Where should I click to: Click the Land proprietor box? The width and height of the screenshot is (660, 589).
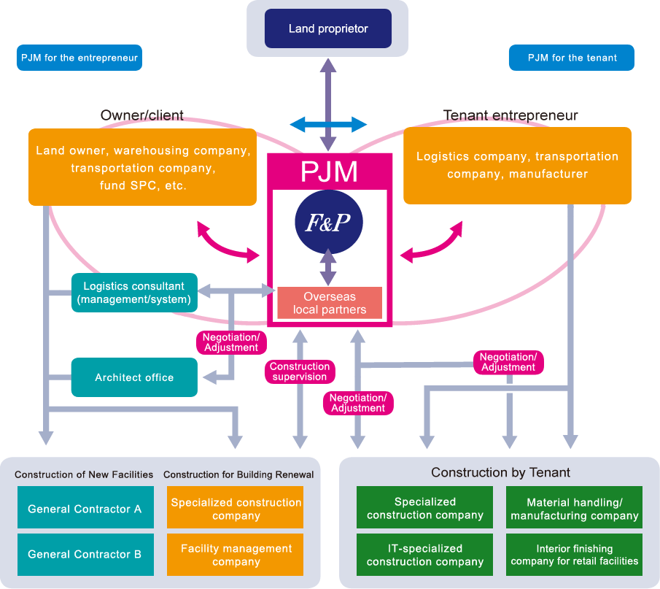[x=328, y=28]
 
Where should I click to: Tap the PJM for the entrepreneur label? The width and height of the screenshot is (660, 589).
[x=79, y=58]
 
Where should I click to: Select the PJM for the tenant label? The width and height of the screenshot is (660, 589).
[x=572, y=58]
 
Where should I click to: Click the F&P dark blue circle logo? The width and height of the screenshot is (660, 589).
[x=328, y=221]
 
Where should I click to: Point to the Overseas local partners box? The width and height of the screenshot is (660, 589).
[x=329, y=303]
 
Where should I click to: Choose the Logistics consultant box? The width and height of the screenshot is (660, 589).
[x=134, y=292]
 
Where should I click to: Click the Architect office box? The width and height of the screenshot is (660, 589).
[x=134, y=377]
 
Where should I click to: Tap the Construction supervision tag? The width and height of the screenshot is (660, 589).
[x=299, y=372]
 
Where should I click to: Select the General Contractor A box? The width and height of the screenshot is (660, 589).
[x=85, y=509]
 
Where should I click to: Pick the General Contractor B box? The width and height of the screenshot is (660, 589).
[x=85, y=554]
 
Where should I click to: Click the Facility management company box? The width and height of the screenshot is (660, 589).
[x=236, y=555]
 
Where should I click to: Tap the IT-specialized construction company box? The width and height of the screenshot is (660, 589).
[x=424, y=555]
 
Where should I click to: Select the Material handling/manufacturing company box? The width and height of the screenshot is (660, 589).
[x=575, y=509]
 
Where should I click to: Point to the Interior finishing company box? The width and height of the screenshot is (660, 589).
[x=575, y=555]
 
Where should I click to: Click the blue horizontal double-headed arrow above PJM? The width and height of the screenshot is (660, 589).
[x=328, y=124]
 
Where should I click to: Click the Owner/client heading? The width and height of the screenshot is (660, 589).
[x=142, y=115]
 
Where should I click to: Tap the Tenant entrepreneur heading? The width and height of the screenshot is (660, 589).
[x=510, y=115]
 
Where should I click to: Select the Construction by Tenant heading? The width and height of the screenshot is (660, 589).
[x=500, y=472]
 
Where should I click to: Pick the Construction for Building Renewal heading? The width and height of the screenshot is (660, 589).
[x=238, y=474]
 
